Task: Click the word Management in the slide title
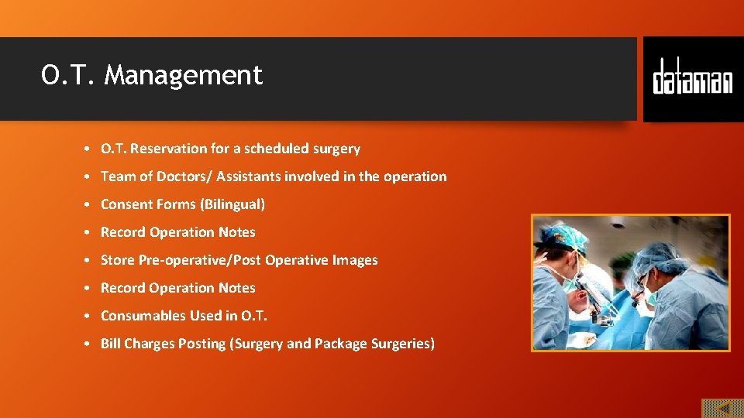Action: click(x=184, y=76)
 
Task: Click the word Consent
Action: click(x=125, y=204)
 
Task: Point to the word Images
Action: click(x=355, y=260)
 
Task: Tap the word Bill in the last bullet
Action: click(x=110, y=344)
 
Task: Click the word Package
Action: click(x=340, y=344)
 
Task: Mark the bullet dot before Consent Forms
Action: click(x=90, y=204)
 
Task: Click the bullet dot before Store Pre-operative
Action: click(x=90, y=260)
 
